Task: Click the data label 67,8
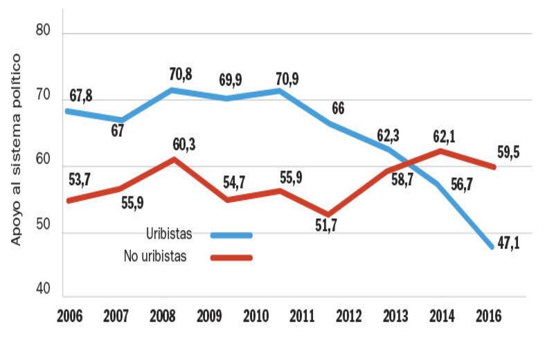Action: pos(80,95)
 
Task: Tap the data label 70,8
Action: pos(183,73)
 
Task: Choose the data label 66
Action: pos(339,109)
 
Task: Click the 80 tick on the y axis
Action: pos(42,33)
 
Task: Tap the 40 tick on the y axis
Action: pos(42,291)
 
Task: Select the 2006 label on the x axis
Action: pos(71,316)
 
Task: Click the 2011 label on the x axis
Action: pos(301,316)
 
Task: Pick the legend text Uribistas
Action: pos(169,234)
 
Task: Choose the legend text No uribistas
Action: pos(156,257)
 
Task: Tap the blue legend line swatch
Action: pos(231,235)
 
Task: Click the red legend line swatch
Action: pos(231,258)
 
